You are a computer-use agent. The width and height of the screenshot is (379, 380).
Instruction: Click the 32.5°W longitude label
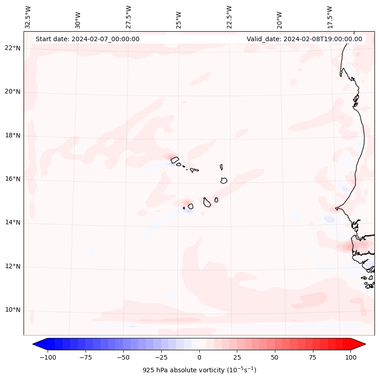(x=28, y=17)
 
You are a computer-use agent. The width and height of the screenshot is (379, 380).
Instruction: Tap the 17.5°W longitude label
(x=330, y=17)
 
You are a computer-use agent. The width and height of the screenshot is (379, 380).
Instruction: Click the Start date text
(x=87, y=39)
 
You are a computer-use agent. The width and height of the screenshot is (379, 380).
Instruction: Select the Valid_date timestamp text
(x=304, y=39)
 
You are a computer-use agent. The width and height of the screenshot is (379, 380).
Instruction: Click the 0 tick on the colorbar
(x=199, y=357)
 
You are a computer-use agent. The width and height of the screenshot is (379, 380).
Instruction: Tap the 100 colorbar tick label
(x=350, y=357)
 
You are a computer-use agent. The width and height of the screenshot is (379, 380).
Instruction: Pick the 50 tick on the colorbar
(x=275, y=357)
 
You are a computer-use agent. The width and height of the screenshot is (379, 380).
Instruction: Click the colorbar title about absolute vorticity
(x=199, y=370)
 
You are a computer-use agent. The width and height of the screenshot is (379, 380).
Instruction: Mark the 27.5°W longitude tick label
(x=129, y=17)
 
